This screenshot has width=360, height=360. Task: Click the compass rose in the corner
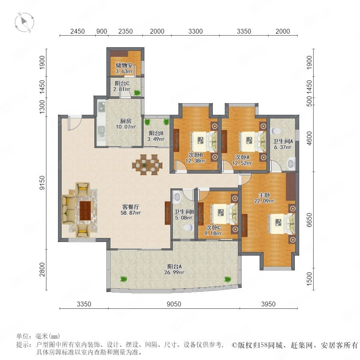24,22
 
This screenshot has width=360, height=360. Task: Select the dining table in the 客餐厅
147,165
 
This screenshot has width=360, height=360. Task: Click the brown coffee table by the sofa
85,210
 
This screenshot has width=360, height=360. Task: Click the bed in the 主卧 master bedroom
282,224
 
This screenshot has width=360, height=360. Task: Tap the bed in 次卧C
224,214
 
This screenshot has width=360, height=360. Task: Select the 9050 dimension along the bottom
174,304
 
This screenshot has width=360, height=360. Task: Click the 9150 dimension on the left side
42,183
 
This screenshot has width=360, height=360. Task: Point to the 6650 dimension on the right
310,220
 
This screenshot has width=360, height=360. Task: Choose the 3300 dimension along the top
195,31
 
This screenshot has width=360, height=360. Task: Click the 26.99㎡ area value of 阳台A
174,272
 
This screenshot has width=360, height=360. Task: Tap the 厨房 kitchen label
126,121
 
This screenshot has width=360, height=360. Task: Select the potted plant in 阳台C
137,93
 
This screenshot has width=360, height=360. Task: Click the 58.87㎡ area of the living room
130,213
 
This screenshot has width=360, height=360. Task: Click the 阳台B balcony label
156,133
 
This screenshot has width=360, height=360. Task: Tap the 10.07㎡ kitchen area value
126,127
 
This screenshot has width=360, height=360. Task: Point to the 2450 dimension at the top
77,31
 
